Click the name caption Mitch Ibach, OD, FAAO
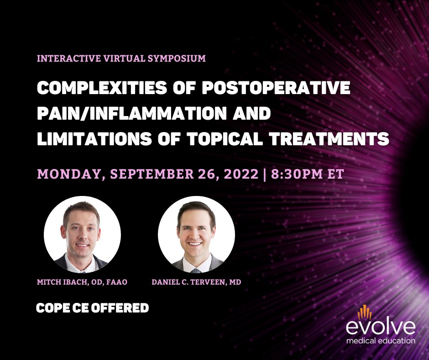tap(82, 282)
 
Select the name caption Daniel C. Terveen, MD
tap(196, 282)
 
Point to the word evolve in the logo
tap(380, 327)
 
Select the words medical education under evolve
tap(380, 340)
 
